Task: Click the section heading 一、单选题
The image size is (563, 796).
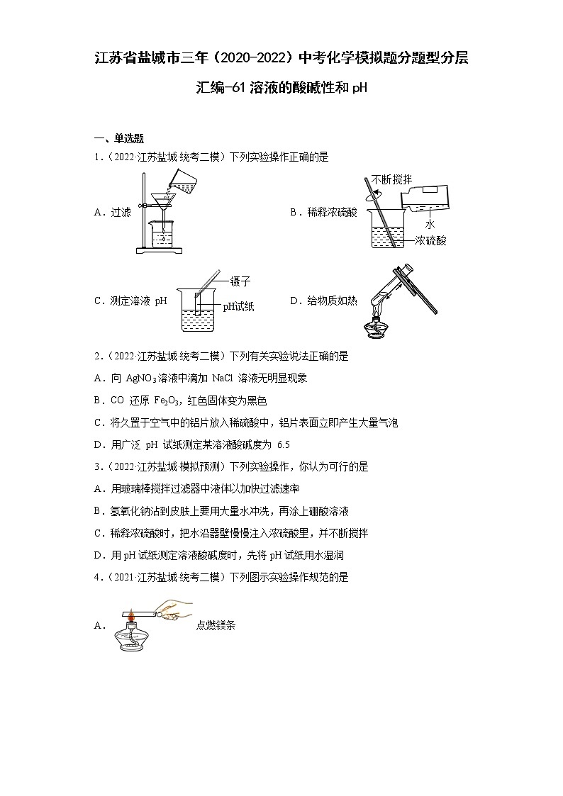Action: (119, 139)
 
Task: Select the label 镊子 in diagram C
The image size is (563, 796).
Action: (240, 281)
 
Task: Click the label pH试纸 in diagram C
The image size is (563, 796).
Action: (238, 306)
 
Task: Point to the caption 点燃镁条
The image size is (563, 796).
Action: (216, 626)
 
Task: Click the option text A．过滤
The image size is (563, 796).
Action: (112, 212)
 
